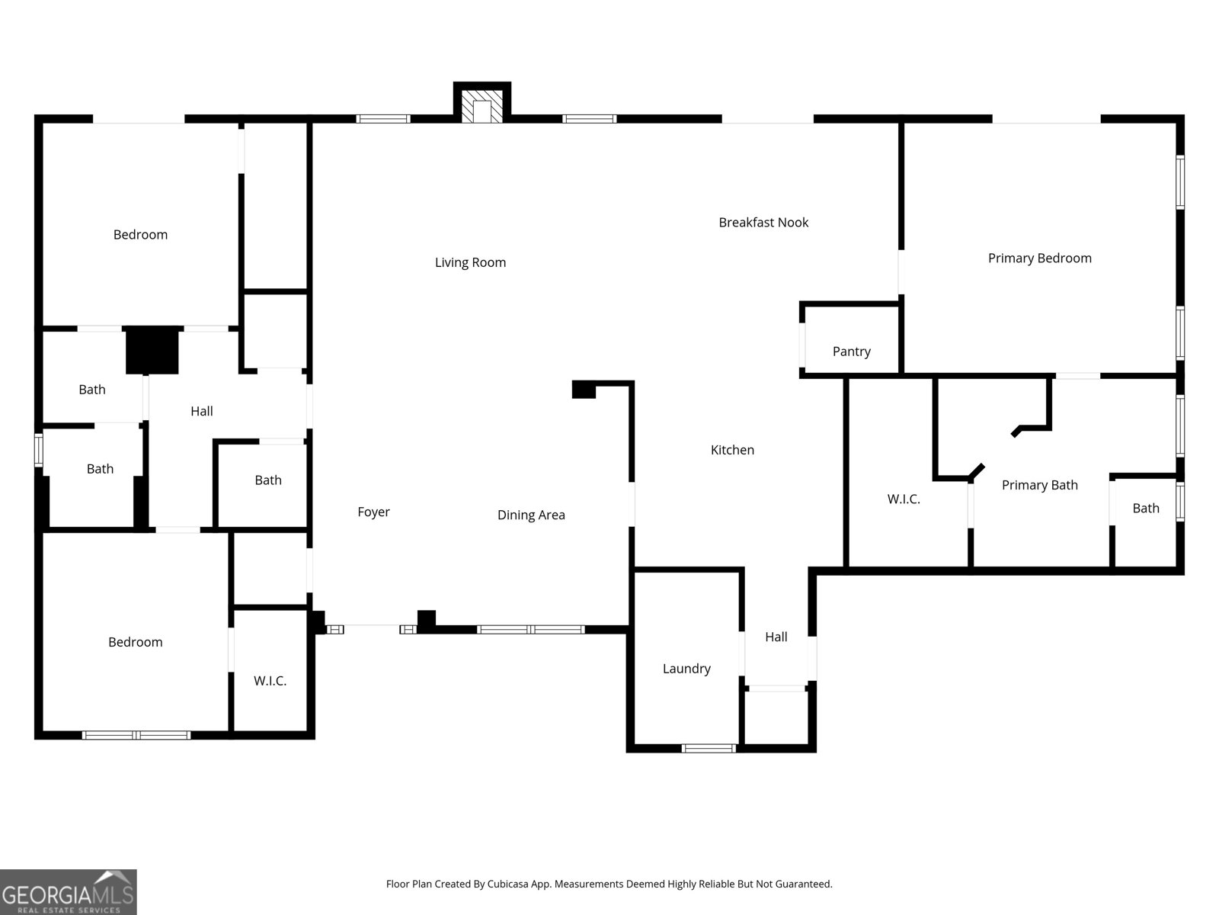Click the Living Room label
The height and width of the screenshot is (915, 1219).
(470, 262)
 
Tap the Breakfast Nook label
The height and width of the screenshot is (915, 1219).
(763, 223)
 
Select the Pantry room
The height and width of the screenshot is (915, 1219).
(851, 352)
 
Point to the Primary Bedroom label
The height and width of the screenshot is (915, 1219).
(1039, 258)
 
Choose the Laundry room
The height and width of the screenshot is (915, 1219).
(686, 669)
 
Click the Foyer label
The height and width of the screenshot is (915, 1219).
(373, 512)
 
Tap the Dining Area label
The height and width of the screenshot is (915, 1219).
(531, 515)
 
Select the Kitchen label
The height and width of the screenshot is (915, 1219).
(732, 450)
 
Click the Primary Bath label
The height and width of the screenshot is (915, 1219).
(1039, 485)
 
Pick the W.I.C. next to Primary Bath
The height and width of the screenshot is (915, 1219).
(904, 499)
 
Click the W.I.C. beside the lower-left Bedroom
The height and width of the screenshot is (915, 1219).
(270, 681)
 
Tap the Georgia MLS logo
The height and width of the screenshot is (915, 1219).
(68, 892)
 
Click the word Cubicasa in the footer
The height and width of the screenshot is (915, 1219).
(503, 884)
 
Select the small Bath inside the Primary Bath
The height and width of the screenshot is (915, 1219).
(1145, 509)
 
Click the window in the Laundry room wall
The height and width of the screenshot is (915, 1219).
(709, 748)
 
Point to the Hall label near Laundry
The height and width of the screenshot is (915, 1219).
(776, 637)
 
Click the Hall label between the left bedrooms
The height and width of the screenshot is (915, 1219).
(201, 411)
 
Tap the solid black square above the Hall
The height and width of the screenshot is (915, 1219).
(152, 350)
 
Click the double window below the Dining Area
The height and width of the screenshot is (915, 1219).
(530, 629)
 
